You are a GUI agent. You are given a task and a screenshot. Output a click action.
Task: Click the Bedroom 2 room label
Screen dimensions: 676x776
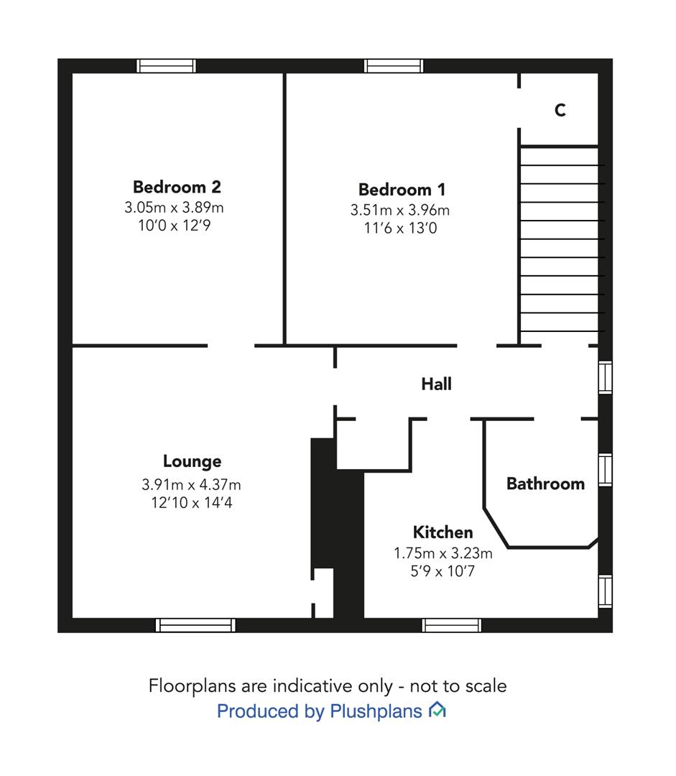click(x=177, y=187)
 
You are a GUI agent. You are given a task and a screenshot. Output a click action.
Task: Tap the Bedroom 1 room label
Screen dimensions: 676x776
click(x=402, y=190)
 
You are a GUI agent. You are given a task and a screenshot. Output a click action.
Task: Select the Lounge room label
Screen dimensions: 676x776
click(x=192, y=462)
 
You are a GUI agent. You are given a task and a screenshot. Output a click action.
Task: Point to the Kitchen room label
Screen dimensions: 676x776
click(x=443, y=532)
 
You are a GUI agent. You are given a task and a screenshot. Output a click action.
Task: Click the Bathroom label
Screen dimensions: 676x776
click(x=545, y=484)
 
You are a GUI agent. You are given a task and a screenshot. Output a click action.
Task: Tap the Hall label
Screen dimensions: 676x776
click(x=437, y=384)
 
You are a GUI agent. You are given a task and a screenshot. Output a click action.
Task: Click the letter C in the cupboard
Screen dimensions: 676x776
click(x=560, y=110)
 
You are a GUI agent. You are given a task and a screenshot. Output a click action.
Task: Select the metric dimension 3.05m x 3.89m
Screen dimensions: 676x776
click(x=174, y=208)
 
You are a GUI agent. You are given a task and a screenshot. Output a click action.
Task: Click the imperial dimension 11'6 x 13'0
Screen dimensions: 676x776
click(x=400, y=228)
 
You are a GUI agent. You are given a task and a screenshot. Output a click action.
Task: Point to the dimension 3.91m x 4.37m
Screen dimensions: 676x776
click(x=192, y=484)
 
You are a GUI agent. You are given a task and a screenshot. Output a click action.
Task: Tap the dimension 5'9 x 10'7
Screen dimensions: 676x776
click(x=443, y=572)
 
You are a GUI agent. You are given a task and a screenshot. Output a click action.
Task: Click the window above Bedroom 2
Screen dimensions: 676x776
click(x=166, y=66)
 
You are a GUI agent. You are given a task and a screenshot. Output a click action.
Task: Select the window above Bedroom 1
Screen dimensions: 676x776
click(x=394, y=66)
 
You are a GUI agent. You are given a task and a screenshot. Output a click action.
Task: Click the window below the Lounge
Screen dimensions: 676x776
click(x=195, y=625)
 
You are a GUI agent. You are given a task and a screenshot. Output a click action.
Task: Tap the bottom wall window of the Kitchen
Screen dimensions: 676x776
click(x=451, y=625)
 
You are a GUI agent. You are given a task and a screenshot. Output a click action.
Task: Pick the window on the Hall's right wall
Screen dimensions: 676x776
click(x=605, y=378)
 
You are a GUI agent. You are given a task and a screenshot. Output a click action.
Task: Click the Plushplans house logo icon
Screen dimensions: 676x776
click(x=437, y=710)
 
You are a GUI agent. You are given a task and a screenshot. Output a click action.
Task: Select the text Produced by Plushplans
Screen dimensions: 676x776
click(x=319, y=711)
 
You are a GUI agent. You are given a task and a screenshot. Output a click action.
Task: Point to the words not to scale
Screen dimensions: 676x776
click(x=458, y=686)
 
